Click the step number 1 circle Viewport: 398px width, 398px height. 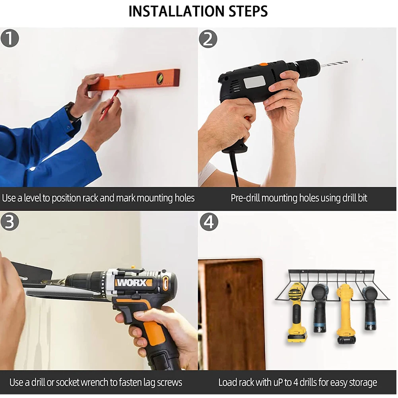10,38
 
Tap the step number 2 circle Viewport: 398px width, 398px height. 208,39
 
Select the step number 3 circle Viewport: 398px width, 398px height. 10,221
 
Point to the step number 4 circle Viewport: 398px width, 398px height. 209,222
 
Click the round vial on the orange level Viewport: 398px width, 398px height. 160,78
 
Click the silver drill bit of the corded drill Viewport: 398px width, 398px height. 334,64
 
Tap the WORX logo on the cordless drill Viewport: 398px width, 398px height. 134,283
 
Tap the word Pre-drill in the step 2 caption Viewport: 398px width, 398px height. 245,198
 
